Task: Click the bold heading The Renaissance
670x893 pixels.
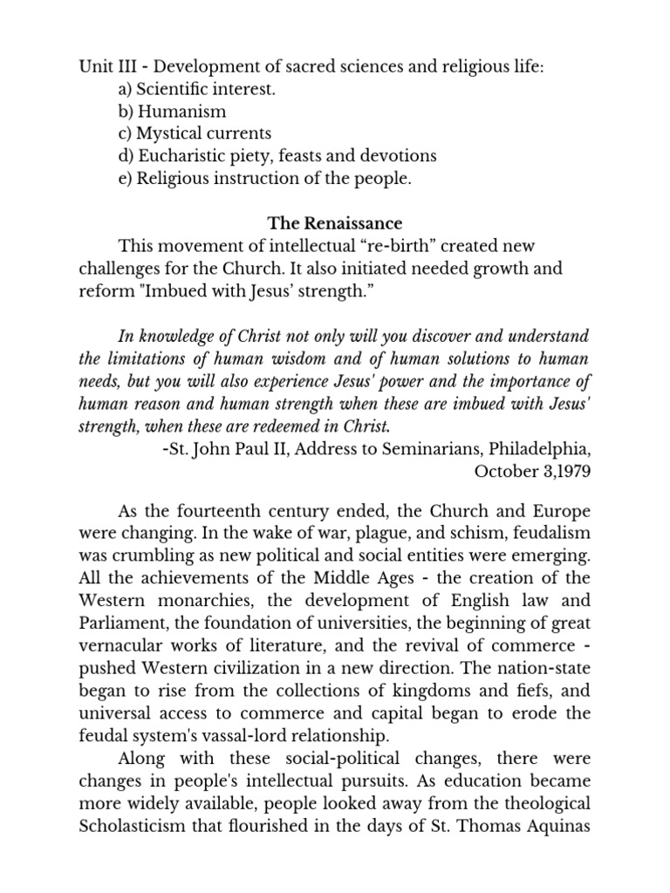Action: tap(335, 224)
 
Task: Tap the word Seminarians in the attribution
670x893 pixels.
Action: tap(410, 449)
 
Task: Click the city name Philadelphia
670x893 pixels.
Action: tap(539, 449)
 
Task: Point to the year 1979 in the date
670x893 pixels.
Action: tap(571, 472)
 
